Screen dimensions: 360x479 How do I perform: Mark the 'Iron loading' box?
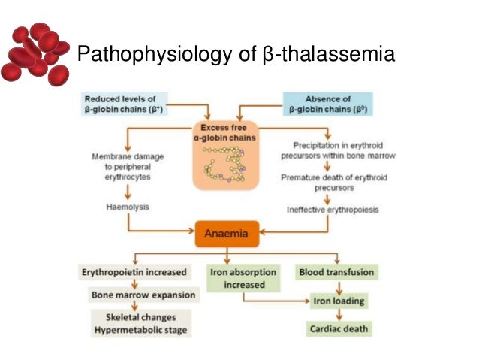[x=339, y=301]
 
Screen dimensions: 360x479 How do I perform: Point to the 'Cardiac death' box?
[x=339, y=330]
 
